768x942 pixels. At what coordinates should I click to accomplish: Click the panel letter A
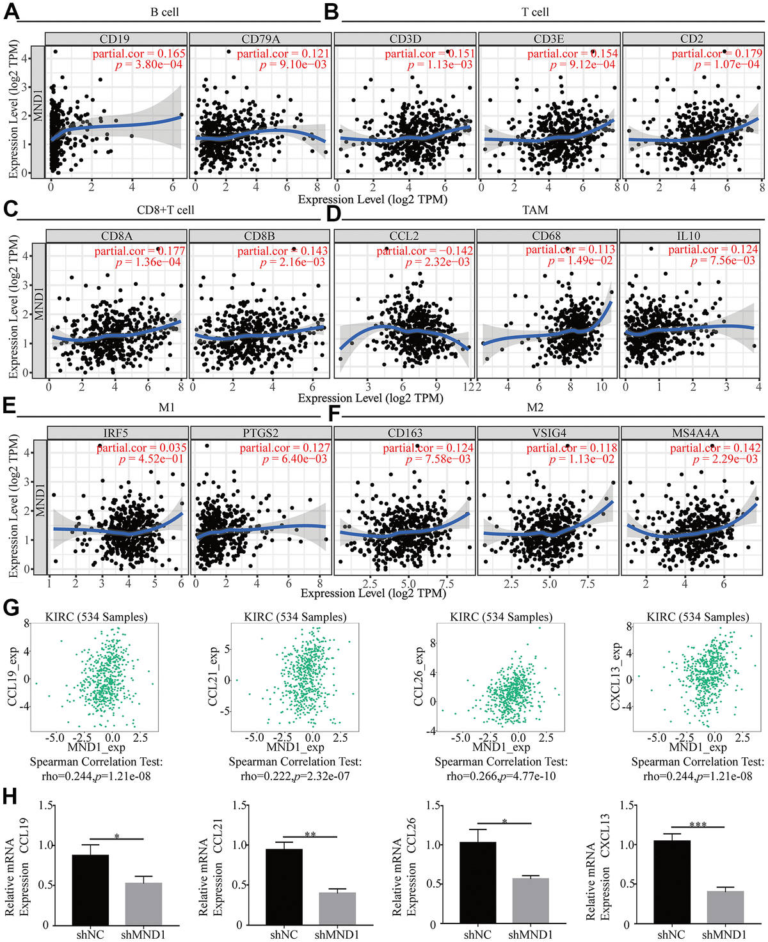pos(10,11)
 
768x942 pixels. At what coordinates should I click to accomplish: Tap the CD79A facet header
pos(260,39)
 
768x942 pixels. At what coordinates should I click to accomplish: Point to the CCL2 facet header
pos(404,236)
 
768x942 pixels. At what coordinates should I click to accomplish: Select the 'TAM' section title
pos(535,210)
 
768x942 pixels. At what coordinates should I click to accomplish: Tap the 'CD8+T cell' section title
pos(165,210)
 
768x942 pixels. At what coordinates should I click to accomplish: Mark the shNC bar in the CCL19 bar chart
pos(90,890)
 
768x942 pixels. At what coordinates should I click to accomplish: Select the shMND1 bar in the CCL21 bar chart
pos(337,908)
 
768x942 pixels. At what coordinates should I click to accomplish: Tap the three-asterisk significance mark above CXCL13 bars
pos(698,825)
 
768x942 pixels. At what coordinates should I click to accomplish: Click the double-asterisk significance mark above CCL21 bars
pos(310,835)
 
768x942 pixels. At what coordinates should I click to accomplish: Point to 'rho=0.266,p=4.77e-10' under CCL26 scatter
pos(501,776)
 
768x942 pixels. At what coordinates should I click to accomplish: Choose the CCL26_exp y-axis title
pos(419,676)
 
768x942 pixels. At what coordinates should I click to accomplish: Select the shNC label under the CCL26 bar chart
pos(477,934)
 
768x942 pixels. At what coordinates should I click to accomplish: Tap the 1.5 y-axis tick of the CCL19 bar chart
pos(46,805)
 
